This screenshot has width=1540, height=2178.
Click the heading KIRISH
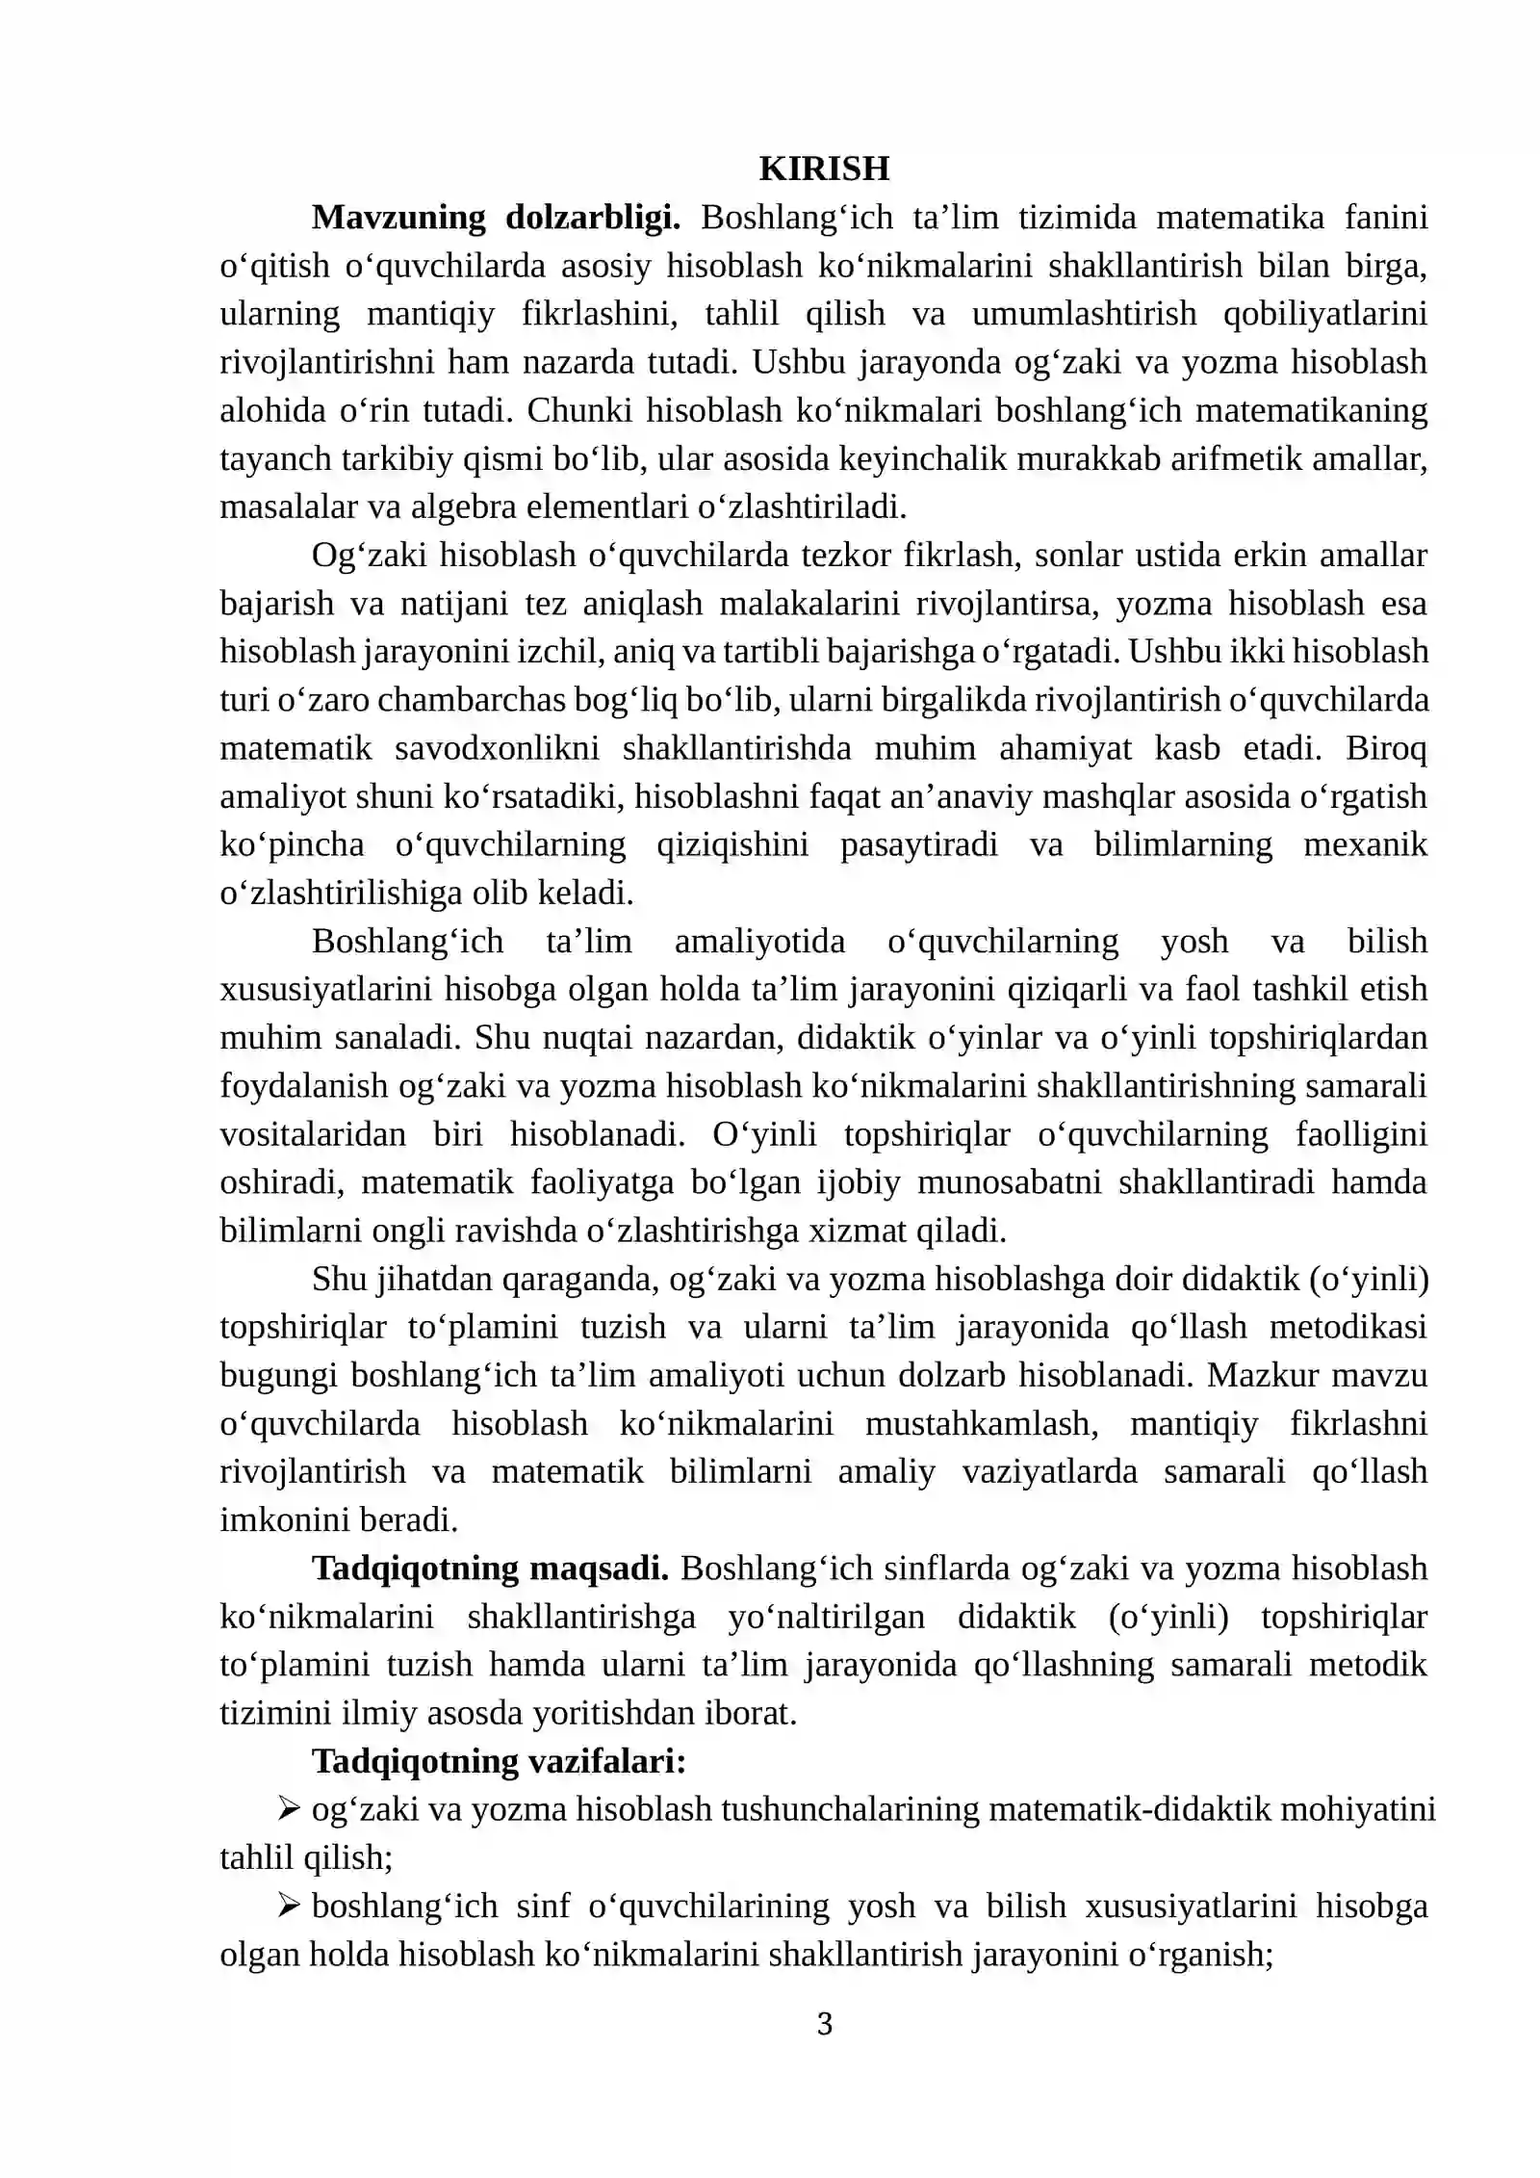(824, 169)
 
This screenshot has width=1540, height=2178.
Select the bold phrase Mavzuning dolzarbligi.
(496, 218)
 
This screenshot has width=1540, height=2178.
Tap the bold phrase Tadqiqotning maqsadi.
(490, 1569)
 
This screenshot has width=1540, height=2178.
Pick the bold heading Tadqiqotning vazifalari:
(499, 1761)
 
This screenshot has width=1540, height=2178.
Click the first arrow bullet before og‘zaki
(289, 1810)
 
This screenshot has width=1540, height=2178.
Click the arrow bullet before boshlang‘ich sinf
(289, 1906)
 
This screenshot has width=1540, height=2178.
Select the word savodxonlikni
(497, 748)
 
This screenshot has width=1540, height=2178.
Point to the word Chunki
(577, 410)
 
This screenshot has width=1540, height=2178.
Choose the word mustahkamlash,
(982, 1423)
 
